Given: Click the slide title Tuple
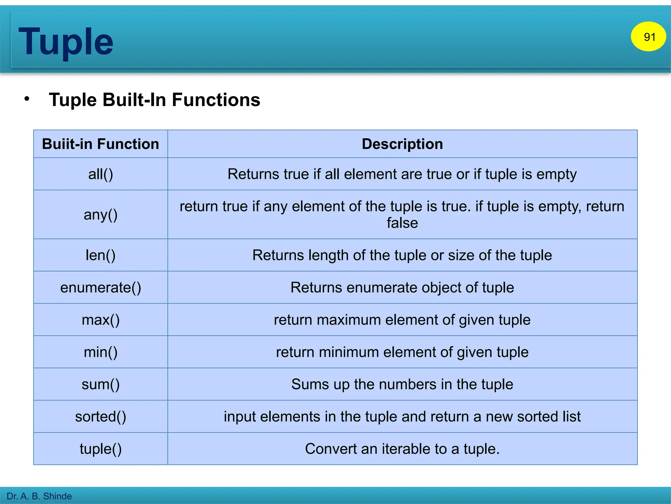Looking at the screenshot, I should [x=66, y=42].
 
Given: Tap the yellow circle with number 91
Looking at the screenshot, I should [x=648, y=37].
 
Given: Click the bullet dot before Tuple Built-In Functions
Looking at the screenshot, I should [x=27, y=99].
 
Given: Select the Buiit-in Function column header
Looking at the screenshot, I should [x=100, y=144].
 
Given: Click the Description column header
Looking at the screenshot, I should [x=402, y=144].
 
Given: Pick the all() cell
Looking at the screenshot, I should [x=100, y=174].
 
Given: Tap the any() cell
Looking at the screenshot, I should [x=100, y=215].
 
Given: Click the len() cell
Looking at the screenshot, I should [x=100, y=255].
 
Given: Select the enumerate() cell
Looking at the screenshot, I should [x=100, y=287].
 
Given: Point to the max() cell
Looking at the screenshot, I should [x=100, y=320].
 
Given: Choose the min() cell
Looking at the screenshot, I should [x=100, y=352].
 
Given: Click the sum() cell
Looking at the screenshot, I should [x=100, y=384].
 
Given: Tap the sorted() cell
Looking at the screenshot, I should [x=100, y=416].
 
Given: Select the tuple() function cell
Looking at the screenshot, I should [x=100, y=449].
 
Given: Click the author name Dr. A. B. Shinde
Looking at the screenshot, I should [x=39, y=496].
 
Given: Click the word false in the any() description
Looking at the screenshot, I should [x=402, y=223].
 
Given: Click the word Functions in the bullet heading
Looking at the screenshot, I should [x=216, y=100].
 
